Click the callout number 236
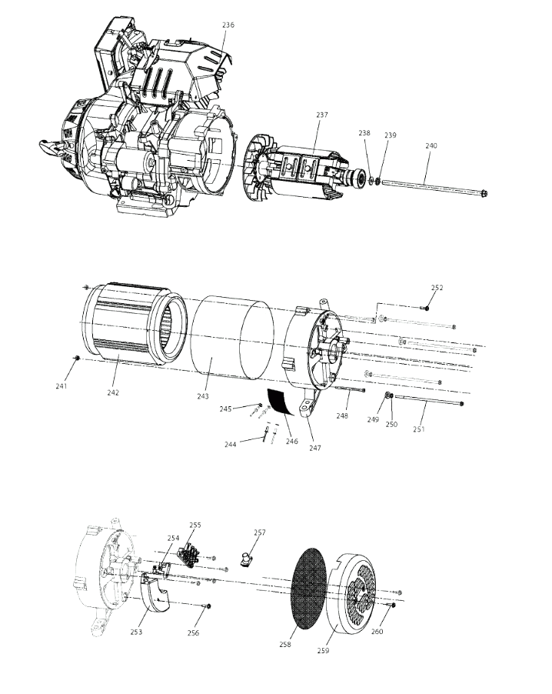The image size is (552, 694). [x=228, y=25]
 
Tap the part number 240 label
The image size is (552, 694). [x=431, y=145]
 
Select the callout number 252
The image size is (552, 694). [x=437, y=287]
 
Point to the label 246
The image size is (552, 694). [x=291, y=442]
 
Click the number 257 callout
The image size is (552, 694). [x=260, y=532]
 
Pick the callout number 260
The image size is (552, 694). [x=377, y=631]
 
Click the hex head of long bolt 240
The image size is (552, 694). [x=484, y=193]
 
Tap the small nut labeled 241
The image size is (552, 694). [x=78, y=357]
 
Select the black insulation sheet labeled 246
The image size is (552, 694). [x=281, y=401]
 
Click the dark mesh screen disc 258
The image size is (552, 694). [x=309, y=587]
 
